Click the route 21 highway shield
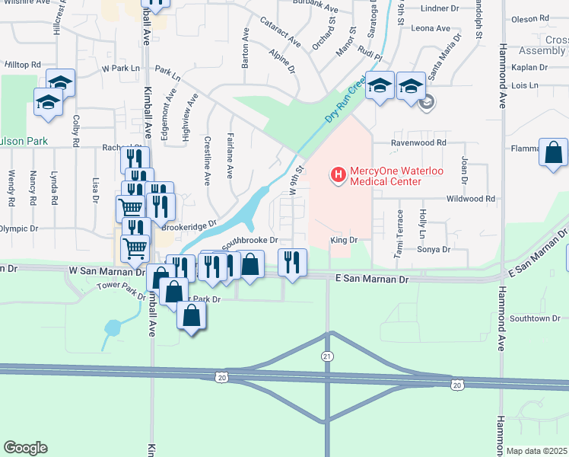point(327,356)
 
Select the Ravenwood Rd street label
point(418,142)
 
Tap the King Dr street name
point(343,240)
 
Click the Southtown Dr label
point(535,318)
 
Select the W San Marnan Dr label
point(106,270)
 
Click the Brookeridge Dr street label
point(189,227)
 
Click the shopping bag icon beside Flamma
point(553,152)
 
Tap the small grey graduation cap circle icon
point(428,101)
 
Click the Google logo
point(25,448)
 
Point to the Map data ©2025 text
point(536,451)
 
